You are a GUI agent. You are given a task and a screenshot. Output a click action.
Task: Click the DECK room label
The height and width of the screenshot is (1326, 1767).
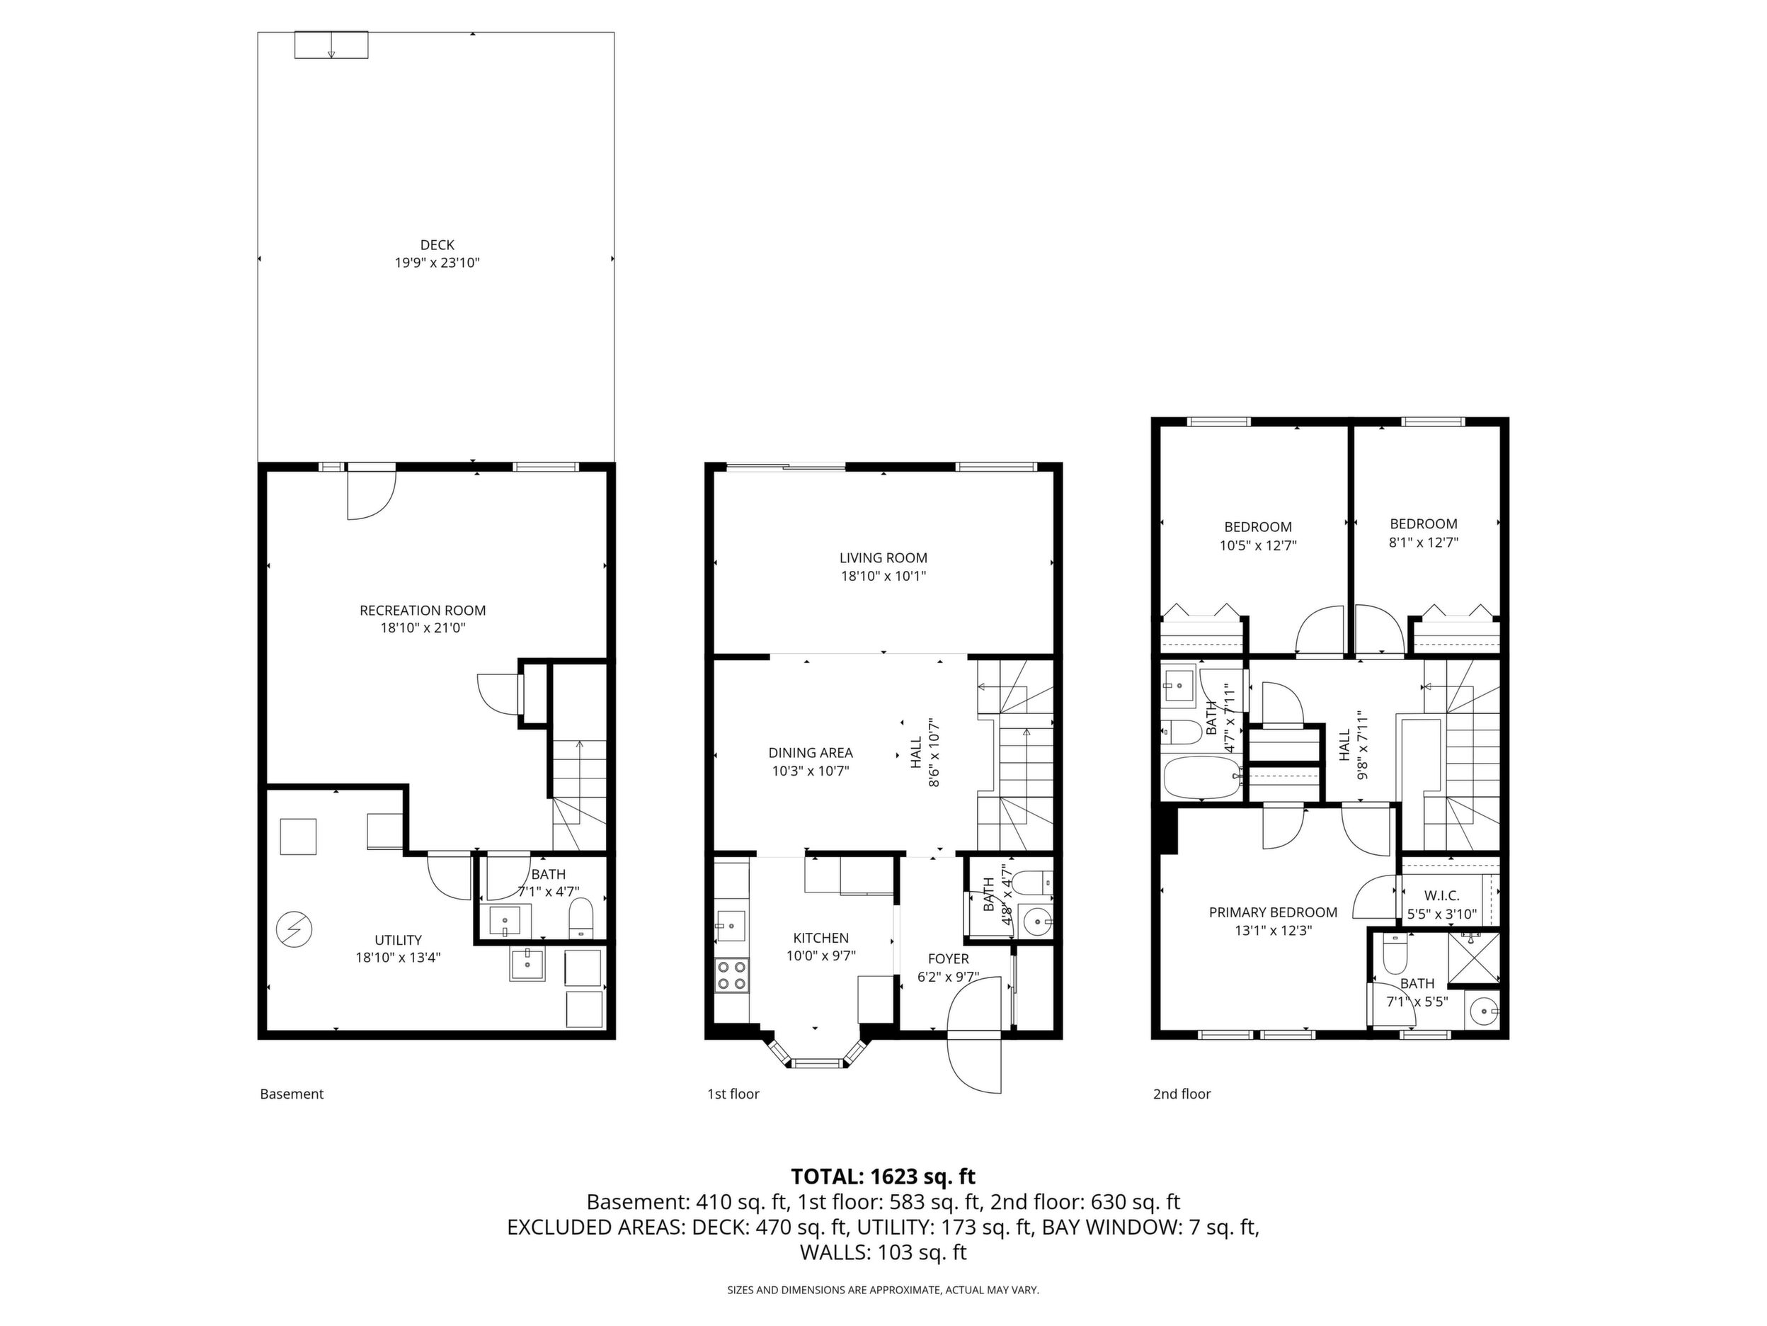click(x=437, y=244)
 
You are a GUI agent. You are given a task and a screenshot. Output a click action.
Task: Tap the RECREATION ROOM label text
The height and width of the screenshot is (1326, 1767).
click(x=423, y=610)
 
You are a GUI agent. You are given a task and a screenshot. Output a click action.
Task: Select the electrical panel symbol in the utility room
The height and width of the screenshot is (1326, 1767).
click(x=294, y=929)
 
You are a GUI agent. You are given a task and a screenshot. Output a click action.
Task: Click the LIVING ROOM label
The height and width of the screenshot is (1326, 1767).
click(x=883, y=558)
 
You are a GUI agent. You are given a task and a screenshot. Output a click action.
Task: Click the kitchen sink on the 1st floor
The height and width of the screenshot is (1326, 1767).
click(x=730, y=926)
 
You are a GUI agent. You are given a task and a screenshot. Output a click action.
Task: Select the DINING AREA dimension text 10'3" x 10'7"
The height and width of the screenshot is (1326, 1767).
click(x=810, y=771)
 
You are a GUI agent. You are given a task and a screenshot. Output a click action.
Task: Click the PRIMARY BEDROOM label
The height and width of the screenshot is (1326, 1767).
click(x=1273, y=912)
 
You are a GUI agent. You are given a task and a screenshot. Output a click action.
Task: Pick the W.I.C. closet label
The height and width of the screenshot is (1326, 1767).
click(x=1441, y=896)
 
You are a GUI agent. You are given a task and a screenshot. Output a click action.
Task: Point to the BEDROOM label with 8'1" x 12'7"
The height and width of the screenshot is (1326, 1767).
click(x=1424, y=524)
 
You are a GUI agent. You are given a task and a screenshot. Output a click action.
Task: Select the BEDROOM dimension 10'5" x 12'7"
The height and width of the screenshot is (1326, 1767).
click(x=1258, y=545)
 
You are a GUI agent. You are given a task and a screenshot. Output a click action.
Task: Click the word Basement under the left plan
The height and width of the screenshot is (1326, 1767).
click(x=292, y=1094)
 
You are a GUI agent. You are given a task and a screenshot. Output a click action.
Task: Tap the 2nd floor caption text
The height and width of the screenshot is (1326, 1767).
click(x=1182, y=1094)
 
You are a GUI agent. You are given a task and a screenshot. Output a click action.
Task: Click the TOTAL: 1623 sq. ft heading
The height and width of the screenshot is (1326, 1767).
click(x=883, y=1176)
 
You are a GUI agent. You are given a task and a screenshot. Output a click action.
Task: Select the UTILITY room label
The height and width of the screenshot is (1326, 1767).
click(x=398, y=940)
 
